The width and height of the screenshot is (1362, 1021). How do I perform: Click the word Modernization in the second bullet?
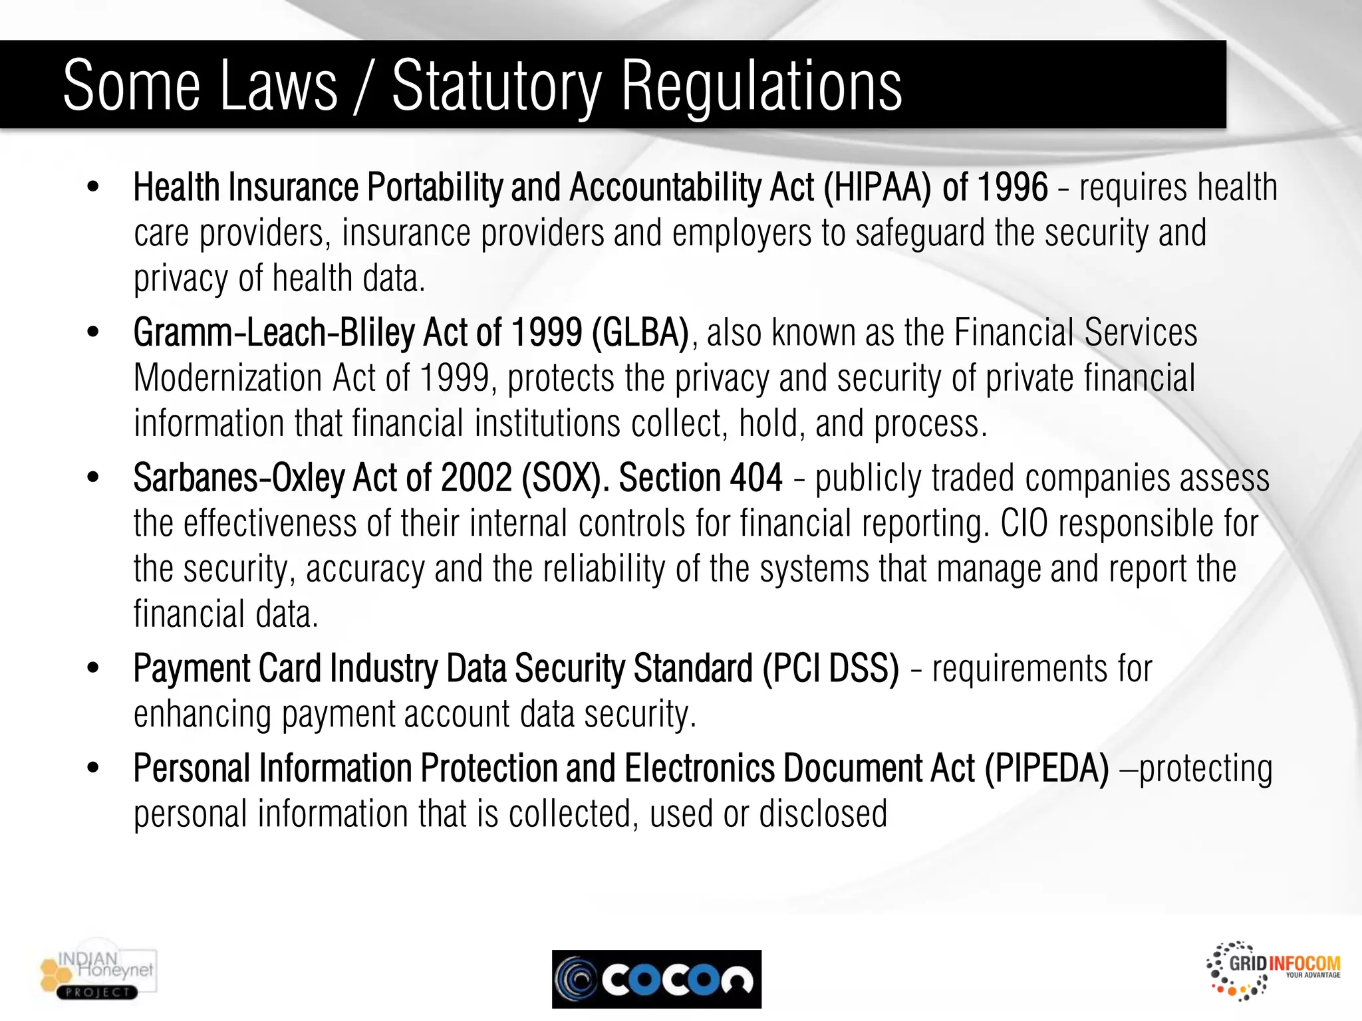click(227, 378)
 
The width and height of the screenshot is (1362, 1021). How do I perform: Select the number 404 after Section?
click(756, 478)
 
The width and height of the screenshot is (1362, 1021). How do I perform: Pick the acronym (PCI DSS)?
click(831, 669)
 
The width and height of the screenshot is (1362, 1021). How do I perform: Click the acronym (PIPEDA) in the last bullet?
click(1047, 769)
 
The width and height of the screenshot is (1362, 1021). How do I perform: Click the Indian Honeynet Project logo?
click(98, 974)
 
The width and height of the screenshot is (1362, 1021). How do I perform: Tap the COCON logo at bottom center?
click(656, 979)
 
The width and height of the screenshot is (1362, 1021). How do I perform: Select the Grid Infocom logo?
click(1273, 970)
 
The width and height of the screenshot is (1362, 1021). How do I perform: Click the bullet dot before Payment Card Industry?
click(93, 668)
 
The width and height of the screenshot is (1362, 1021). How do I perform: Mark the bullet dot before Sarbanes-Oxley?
click(93, 477)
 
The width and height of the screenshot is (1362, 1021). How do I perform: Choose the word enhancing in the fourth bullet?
click(202, 715)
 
